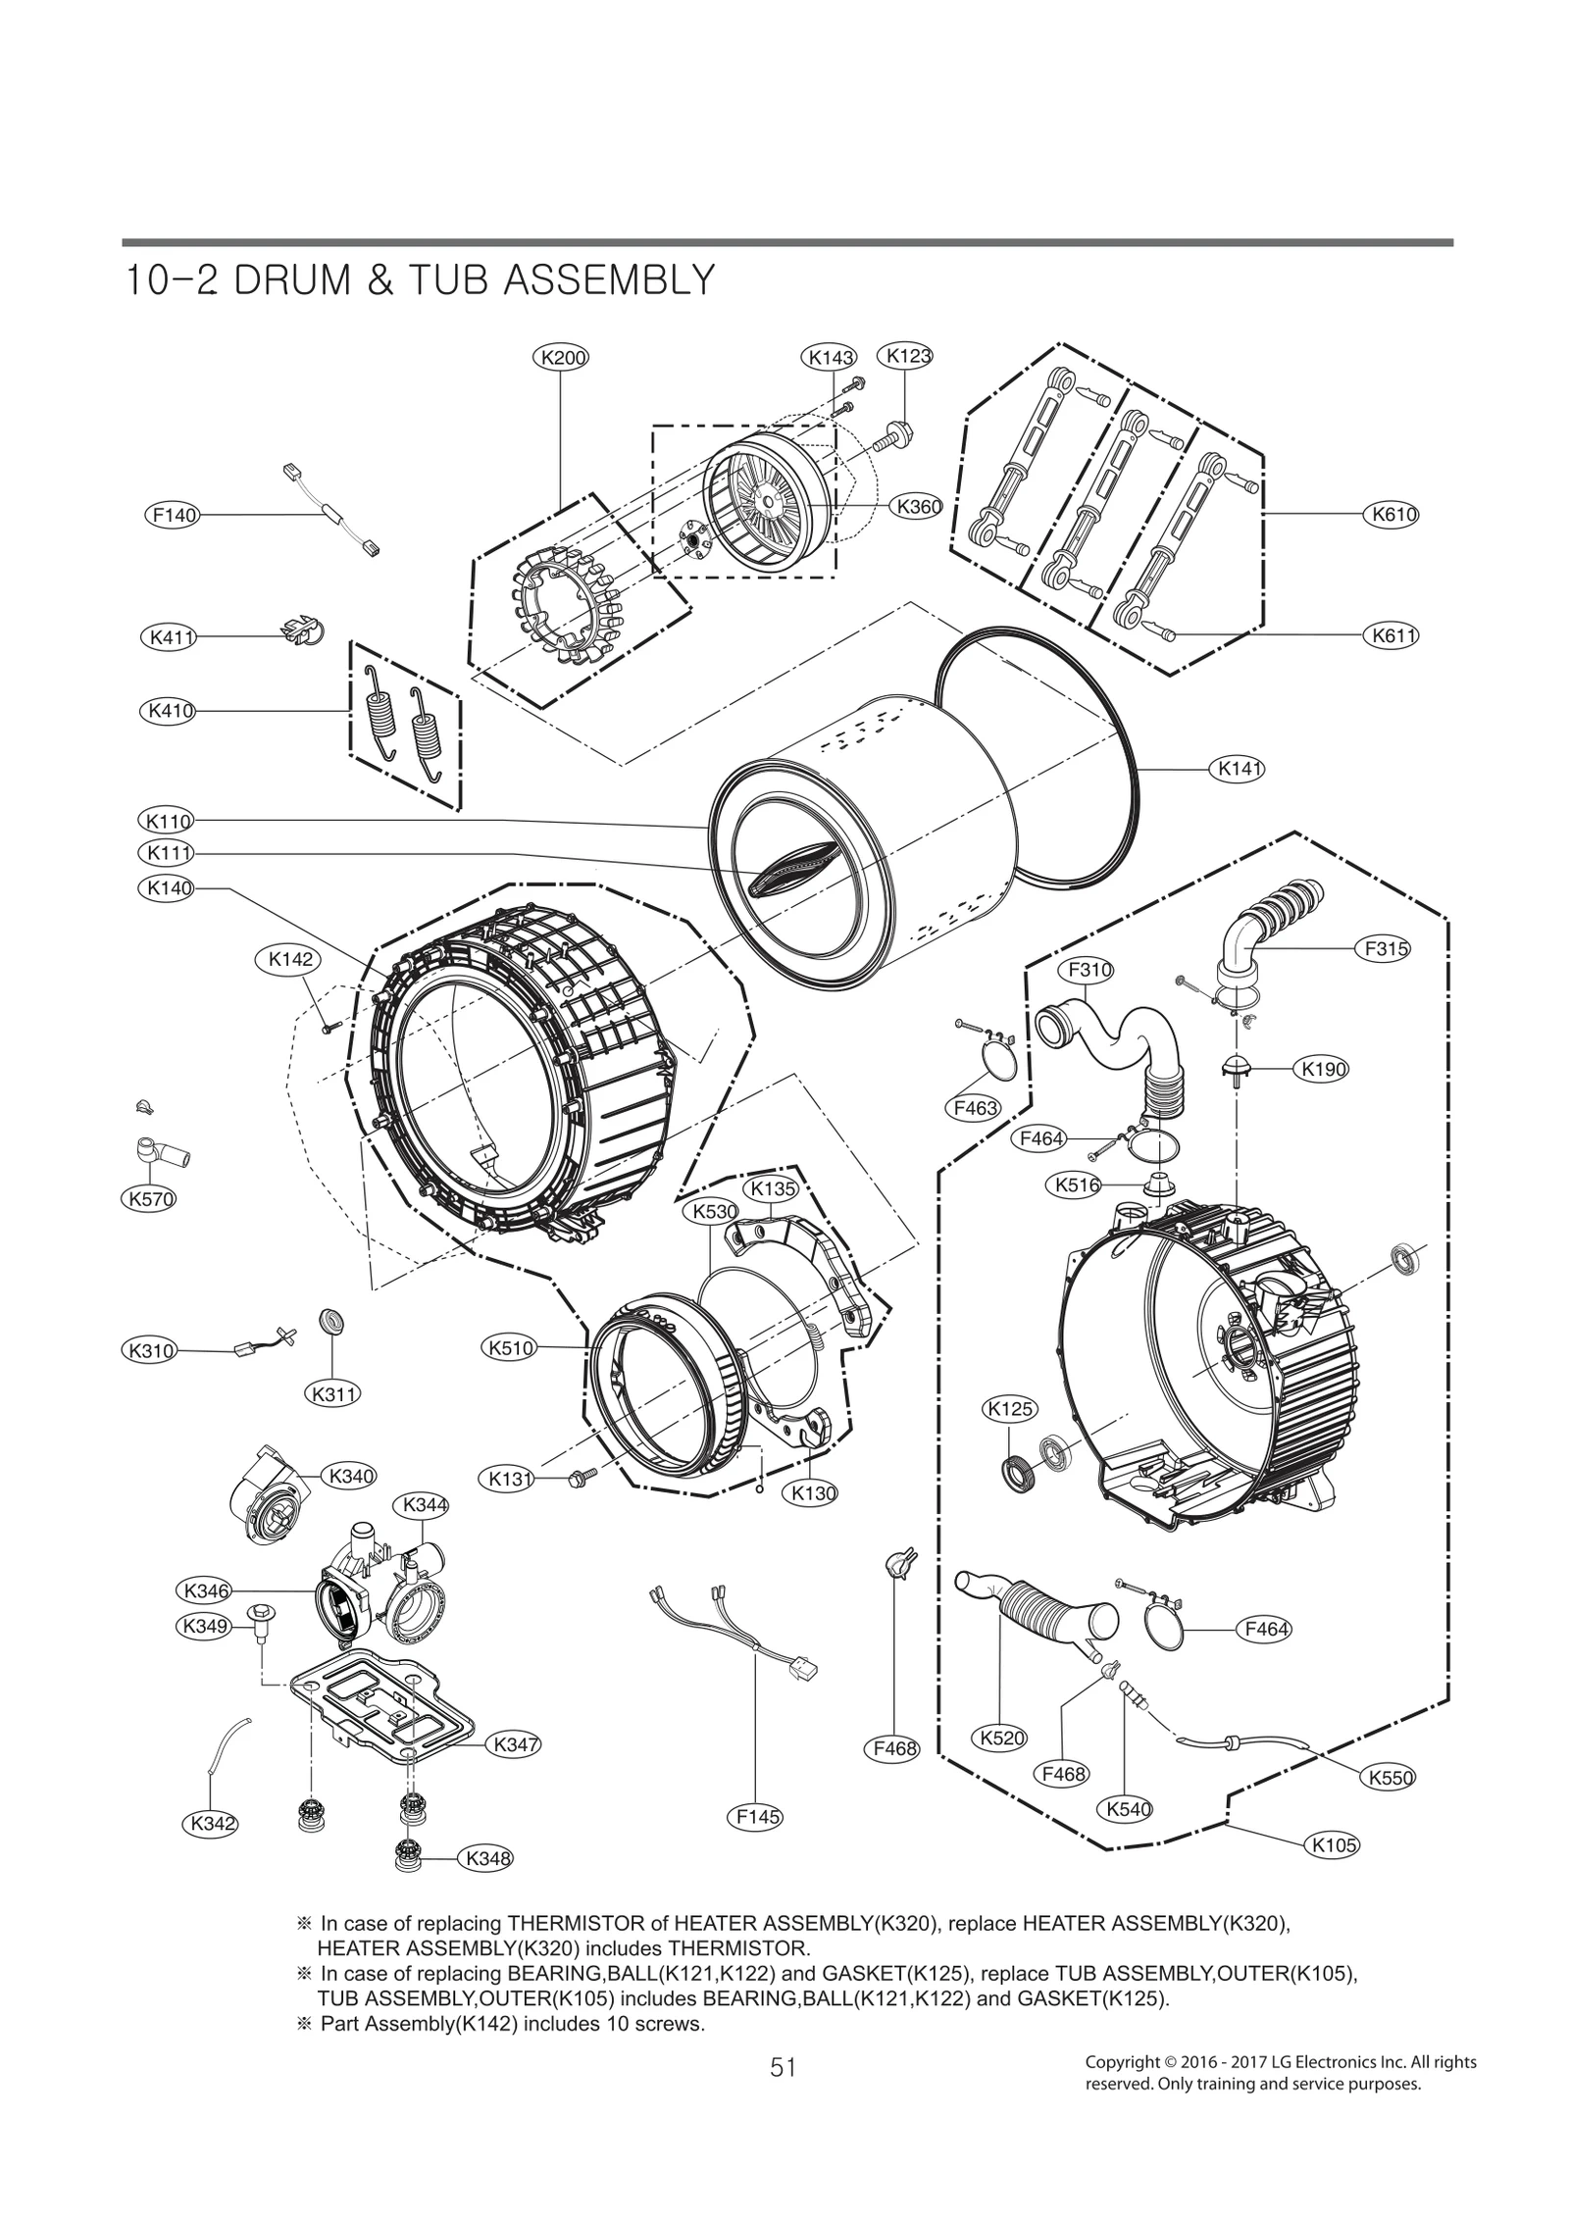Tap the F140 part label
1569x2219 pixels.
171,514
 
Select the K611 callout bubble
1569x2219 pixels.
1391,635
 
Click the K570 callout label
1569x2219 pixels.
150,1198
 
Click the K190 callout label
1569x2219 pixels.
1322,1069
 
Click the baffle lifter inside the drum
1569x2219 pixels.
790,866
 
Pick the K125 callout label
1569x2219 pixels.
1009,1409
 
